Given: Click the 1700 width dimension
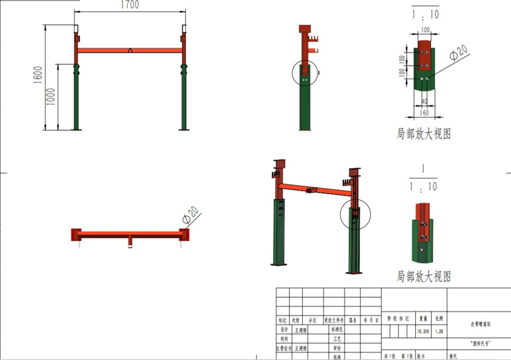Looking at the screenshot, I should tap(129, 5).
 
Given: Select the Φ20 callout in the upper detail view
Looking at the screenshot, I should tap(458, 56).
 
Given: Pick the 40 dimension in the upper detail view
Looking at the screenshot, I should tap(425, 101).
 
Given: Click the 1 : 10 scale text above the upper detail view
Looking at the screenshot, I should tap(424, 14).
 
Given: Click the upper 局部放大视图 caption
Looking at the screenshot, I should tap(423, 133).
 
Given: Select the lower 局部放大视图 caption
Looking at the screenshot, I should tap(423, 276).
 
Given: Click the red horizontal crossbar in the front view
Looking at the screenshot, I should tap(129, 51).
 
